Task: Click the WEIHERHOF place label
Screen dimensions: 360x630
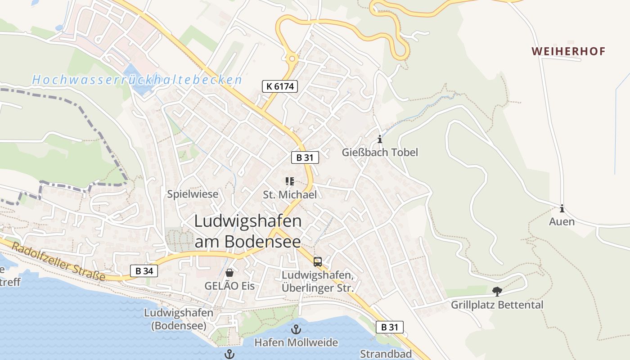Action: [569, 51]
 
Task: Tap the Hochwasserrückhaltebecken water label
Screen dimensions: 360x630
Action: [137, 80]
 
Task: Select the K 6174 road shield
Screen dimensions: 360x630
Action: [280, 86]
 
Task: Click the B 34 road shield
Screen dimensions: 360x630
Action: [144, 271]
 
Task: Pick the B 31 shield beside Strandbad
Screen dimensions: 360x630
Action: [390, 327]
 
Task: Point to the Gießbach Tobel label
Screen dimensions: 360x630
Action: [380, 152]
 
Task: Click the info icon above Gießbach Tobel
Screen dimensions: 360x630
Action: [380, 139]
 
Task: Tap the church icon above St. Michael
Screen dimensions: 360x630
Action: [290, 181]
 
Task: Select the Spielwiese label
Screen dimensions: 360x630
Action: [193, 194]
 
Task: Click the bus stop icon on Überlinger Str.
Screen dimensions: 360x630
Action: [318, 261]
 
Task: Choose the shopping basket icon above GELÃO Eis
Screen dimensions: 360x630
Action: [229, 273]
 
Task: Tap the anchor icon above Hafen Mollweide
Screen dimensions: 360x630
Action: [296, 329]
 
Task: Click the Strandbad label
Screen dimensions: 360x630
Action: [386, 354]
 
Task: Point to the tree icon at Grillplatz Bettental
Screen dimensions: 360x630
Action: [497, 292]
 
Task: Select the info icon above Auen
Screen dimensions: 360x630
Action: [562, 208]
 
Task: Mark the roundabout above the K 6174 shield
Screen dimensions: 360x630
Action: [292, 58]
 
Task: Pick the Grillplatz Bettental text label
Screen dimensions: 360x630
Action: [497, 305]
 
